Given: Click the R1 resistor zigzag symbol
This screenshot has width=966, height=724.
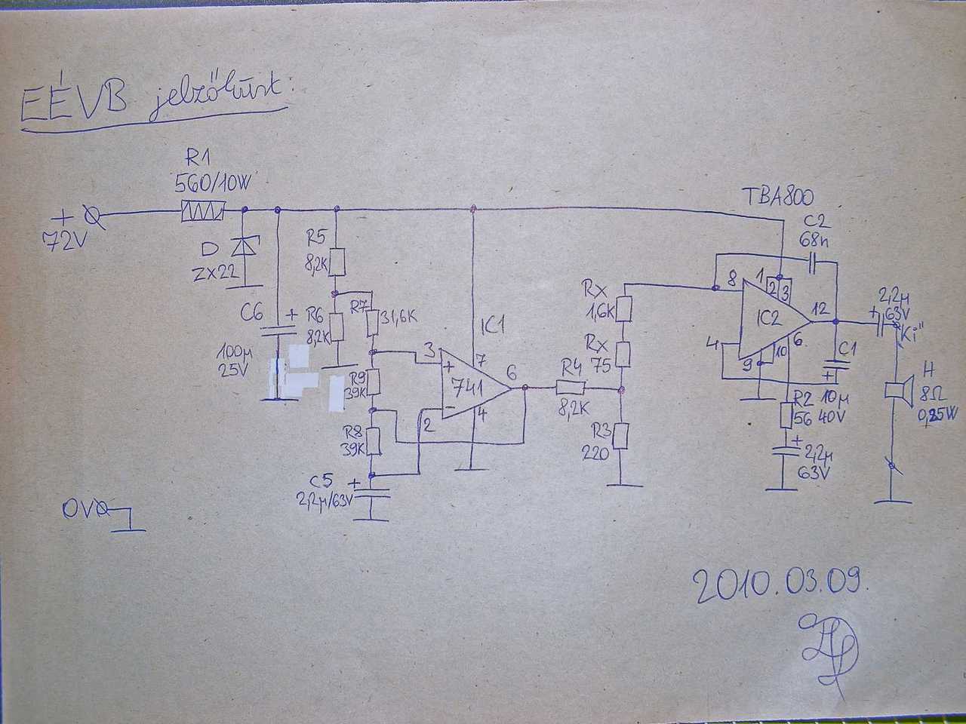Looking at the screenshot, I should [202, 212].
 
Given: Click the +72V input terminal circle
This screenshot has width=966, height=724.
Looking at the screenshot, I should [94, 217].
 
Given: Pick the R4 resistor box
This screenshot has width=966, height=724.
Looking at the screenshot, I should [571, 388].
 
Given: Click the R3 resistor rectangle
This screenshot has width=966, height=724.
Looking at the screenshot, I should [620, 435].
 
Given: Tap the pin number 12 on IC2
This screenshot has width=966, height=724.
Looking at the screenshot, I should [821, 308].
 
